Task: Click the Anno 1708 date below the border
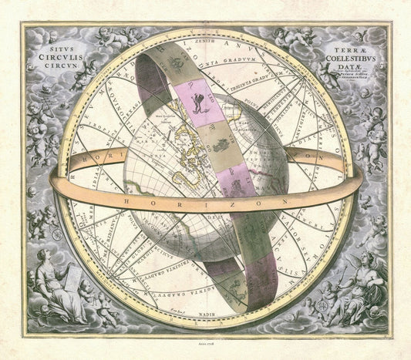tap(206, 345)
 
